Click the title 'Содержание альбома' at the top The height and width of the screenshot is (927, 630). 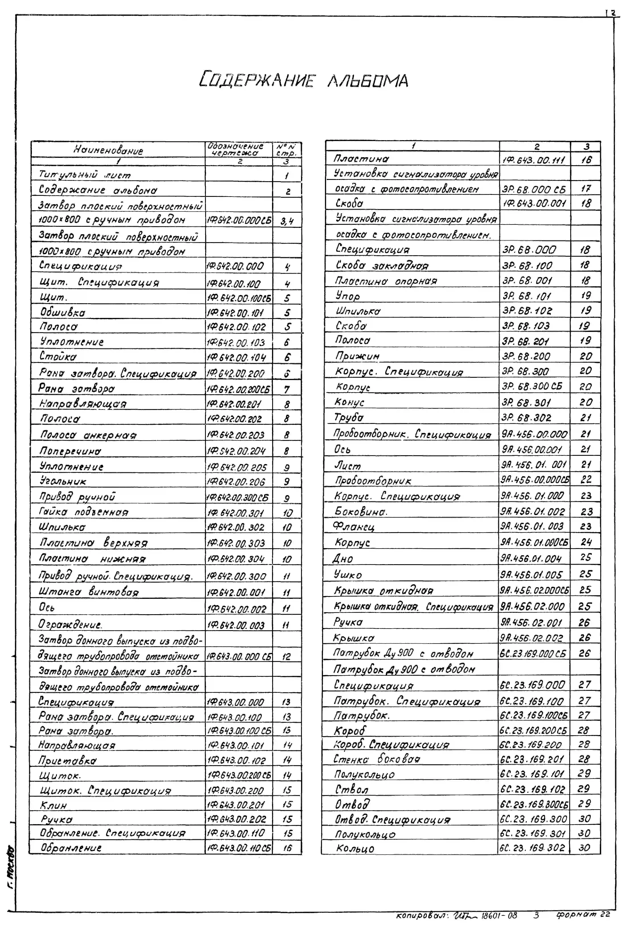(304, 80)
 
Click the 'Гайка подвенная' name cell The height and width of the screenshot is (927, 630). (84, 512)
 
